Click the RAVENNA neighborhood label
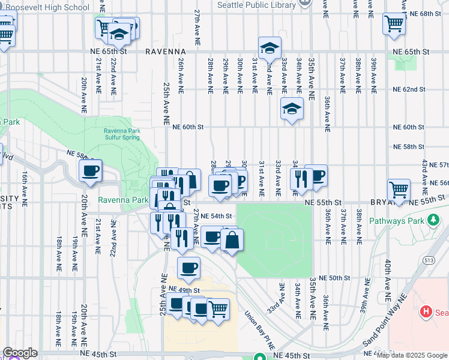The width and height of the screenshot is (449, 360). (168, 52)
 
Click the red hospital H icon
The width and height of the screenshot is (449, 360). (426, 311)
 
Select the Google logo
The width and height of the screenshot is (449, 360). (20, 353)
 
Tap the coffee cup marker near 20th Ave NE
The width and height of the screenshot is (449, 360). (91, 171)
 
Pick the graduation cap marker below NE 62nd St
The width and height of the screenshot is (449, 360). (292, 109)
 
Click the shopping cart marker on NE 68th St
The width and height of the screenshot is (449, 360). (394, 24)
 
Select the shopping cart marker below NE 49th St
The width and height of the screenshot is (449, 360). (218, 309)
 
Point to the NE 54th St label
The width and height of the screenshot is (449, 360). (216, 216)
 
